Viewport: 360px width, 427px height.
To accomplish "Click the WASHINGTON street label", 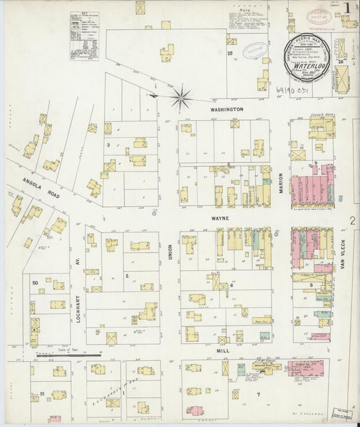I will (x=226, y=108).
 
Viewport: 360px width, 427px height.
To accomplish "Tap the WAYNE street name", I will (x=221, y=218).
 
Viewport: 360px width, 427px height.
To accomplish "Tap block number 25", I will (x=230, y=53).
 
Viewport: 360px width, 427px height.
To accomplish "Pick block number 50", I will (x=34, y=282).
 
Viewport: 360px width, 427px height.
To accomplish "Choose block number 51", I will (x=43, y=393).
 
